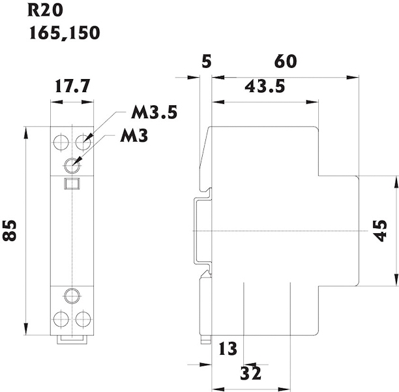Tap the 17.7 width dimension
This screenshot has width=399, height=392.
72,87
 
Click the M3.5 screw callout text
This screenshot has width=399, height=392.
154,112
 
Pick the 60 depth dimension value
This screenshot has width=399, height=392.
286,62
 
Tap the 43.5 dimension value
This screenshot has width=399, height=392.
264,86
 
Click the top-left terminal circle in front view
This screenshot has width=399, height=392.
61,140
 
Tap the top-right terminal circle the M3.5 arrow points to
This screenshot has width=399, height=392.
82,140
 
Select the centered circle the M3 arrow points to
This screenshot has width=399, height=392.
72,164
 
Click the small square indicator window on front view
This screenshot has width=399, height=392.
72,185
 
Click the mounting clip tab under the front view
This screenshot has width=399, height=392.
72,338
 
